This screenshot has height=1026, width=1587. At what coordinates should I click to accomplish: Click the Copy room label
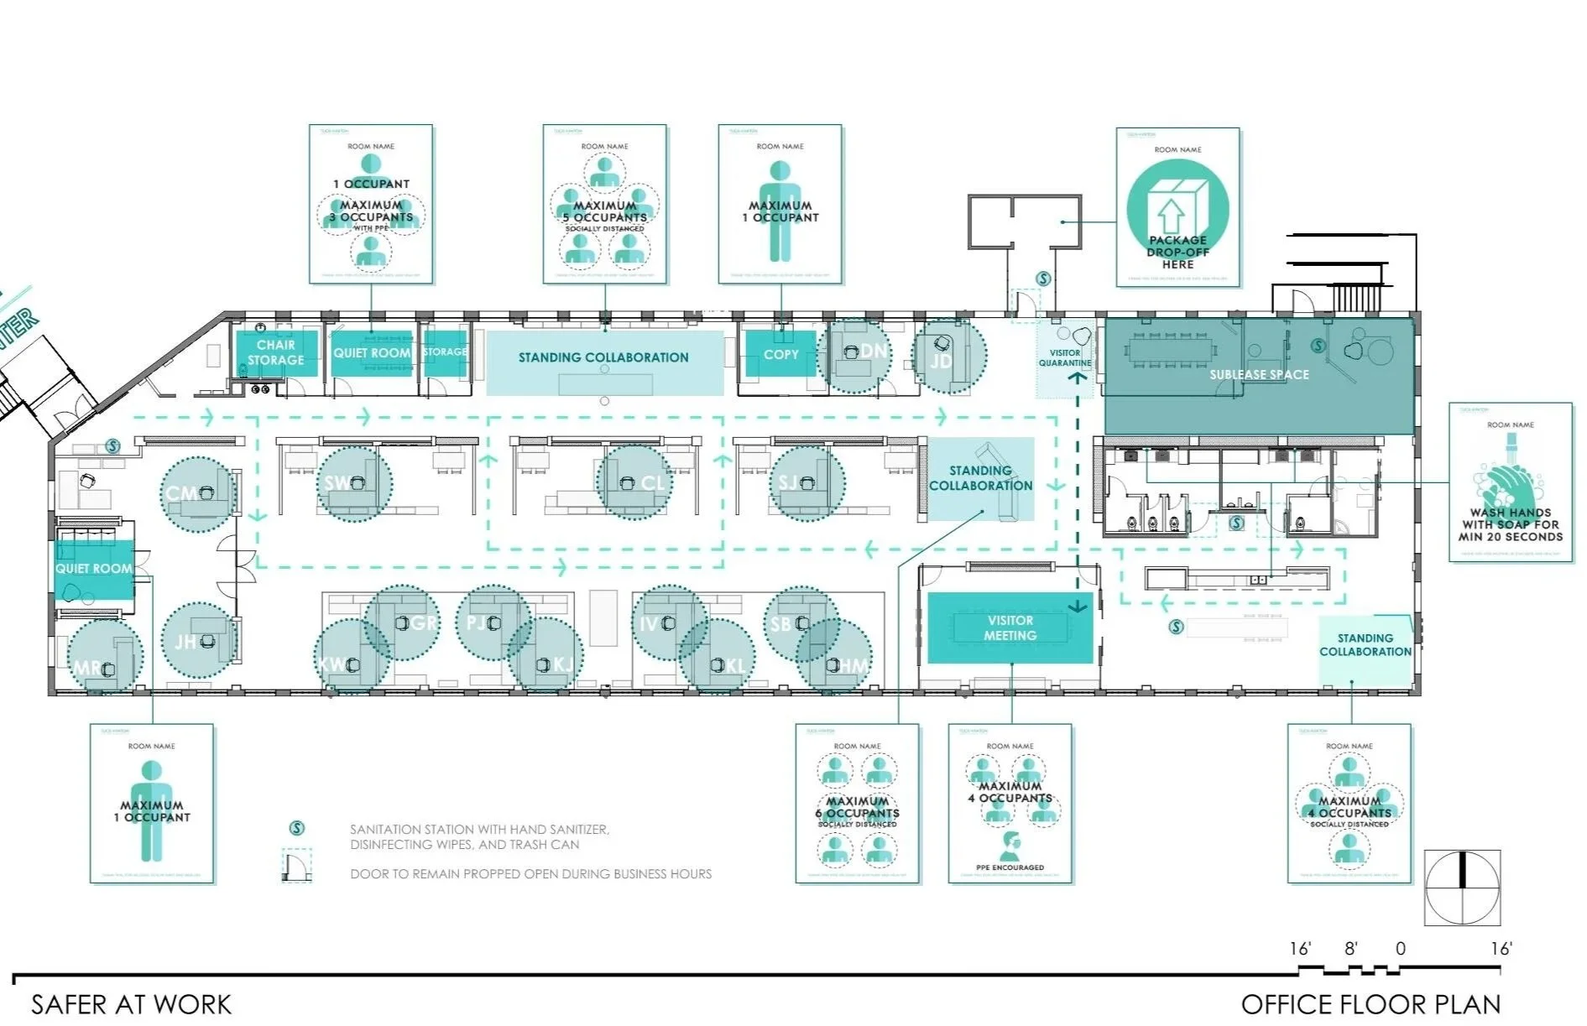pyautogui.click(x=780, y=355)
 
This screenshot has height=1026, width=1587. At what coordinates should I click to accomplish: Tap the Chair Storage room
pyautogui.click(x=275, y=352)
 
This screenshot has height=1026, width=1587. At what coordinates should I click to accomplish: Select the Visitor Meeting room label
pyautogui.click(x=1010, y=628)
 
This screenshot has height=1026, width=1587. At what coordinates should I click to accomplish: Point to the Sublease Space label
pyautogui.click(x=1259, y=375)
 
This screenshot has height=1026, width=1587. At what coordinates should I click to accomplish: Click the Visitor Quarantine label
pyautogui.click(x=1064, y=358)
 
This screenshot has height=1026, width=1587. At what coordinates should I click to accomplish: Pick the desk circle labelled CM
pyautogui.click(x=198, y=494)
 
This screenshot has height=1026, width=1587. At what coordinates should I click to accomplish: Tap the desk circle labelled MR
pyautogui.click(x=104, y=656)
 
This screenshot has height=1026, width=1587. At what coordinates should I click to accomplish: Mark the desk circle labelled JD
pyautogui.click(x=949, y=356)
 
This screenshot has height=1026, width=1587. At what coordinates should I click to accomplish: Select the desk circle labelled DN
pyautogui.click(x=854, y=355)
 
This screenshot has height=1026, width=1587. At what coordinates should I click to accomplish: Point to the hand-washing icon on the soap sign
pyautogui.click(x=1508, y=482)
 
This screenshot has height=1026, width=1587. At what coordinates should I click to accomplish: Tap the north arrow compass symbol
pyautogui.click(x=1462, y=887)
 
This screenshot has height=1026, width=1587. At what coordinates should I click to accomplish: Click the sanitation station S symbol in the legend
pyautogui.click(x=296, y=829)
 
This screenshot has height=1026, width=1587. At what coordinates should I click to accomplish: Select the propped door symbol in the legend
pyautogui.click(x=296, y=865)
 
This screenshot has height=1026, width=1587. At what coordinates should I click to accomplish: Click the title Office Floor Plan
pyautogui.click(x=1370, y=1004)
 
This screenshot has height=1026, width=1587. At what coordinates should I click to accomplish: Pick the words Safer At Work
pyautogui.click(x=131, y=1004)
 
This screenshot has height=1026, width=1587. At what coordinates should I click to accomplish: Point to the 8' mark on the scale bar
pyautogui.click(x=1350, y=949)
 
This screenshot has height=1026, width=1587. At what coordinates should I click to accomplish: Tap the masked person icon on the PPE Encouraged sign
pyautogui.click(x=1010, y=843)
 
